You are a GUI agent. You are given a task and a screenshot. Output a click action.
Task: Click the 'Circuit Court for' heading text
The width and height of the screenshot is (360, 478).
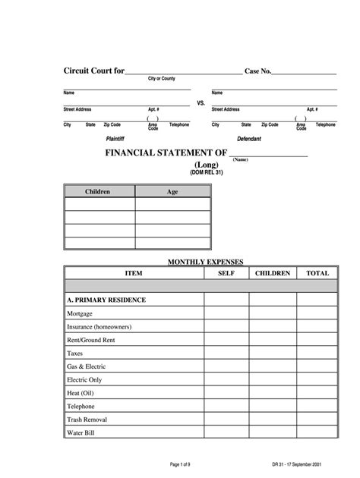93,71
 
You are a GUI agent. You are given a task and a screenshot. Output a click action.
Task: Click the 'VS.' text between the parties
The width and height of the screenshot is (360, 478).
201,102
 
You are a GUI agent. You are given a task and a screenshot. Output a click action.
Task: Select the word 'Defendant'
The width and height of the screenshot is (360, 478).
249,140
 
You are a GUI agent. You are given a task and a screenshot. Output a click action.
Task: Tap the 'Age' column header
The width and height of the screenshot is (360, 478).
172,192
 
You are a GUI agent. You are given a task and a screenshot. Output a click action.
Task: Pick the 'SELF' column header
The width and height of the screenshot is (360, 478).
226,272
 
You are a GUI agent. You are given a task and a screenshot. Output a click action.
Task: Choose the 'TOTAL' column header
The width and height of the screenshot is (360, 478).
317,272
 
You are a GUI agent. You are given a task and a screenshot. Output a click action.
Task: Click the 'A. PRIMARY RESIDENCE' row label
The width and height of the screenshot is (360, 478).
106,300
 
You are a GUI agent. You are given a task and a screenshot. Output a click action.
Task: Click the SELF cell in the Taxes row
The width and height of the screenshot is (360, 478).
226,353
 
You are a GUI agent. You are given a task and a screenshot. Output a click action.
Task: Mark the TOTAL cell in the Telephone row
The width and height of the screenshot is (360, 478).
317,406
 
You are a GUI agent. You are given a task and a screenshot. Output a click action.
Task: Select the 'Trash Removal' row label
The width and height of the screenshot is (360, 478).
87,419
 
